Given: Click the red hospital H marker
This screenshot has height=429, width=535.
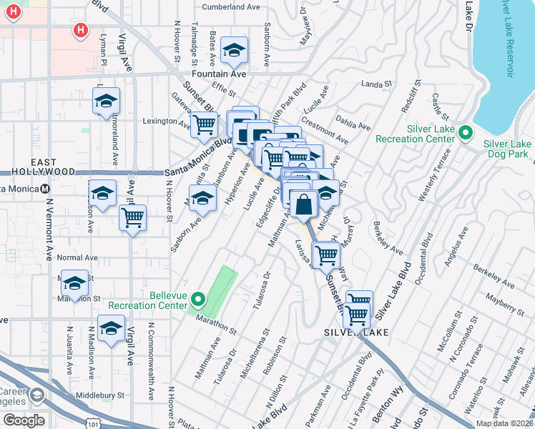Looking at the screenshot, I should click(x=81, y=30).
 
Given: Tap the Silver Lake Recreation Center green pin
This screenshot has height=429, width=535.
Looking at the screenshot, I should click(x=466, y=133).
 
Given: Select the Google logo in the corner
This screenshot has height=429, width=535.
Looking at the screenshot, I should click(x=23, y=420).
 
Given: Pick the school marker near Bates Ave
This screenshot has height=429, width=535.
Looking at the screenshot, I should click(x=233, y=50).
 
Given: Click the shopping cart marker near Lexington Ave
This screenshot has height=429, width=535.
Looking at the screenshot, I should click(x=205, y=125).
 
